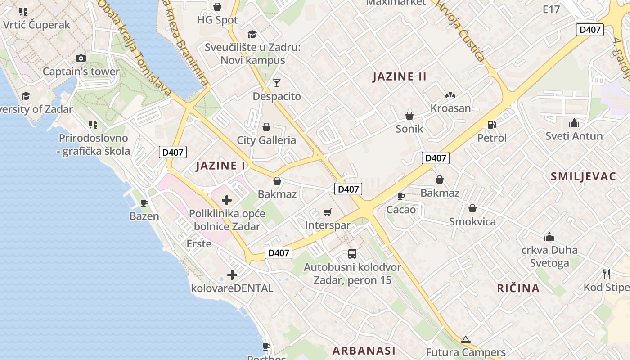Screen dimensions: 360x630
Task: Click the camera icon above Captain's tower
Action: pos(81,58)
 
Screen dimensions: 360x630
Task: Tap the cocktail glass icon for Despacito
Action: pos(276,83)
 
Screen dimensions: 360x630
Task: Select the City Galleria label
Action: pos(266,140)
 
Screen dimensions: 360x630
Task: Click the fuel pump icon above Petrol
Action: pos(491,124)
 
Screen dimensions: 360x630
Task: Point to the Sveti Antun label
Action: pos(574,136)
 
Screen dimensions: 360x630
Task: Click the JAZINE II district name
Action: pos(400,76)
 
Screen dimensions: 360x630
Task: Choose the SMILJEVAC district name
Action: pos(583,176)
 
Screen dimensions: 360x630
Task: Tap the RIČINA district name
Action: pos(518,288)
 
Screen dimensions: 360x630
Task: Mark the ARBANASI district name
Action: pos(364,350)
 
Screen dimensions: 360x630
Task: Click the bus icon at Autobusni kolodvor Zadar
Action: pos(352,254)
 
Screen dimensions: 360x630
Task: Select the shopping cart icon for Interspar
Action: pos(328,211)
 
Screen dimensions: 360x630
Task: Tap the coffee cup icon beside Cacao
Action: pos(400,196)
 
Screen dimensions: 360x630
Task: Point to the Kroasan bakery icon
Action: pos(450,95)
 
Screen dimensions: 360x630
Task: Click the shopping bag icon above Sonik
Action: pos(409,116)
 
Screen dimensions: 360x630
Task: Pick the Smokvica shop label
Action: pos(472,221)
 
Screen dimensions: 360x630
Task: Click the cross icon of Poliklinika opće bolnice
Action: pos(227,200)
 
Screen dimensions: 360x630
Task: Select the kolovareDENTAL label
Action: pos(232,288)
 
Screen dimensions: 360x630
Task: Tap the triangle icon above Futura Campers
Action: pos(465,339)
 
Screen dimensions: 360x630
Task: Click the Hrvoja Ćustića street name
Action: pos(461,31)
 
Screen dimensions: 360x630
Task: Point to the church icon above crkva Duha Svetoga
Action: pos(549,237)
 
